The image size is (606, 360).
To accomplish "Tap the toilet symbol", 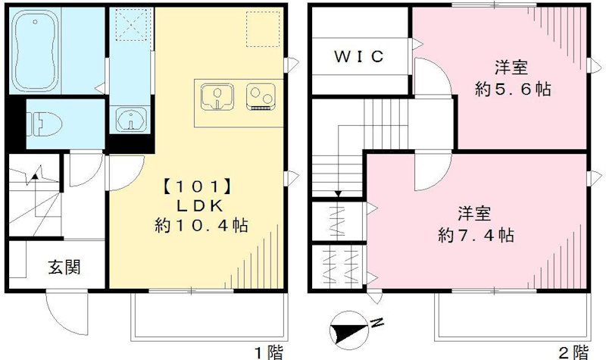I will pyautogui.click(x=41, y=121).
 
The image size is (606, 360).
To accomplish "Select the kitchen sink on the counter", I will pyautogui.click(x=217, y=97).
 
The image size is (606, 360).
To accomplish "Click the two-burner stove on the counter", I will pyautogui.click(x=261, y=97).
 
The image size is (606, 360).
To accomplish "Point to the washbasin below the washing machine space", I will pyautogui.click(x=130, y=120).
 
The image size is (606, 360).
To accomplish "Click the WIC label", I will pyautogui.click(x=360, y=56).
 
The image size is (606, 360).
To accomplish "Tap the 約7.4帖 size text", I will pyautogui.click(x=476, y=234).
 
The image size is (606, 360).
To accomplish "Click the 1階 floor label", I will pyautogui.click(x=268, y=351).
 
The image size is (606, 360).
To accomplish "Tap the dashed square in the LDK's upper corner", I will pyautogui.click(x=259, y=29).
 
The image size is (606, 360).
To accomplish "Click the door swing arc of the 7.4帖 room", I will pyautogui.click(x=428, y=174).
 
